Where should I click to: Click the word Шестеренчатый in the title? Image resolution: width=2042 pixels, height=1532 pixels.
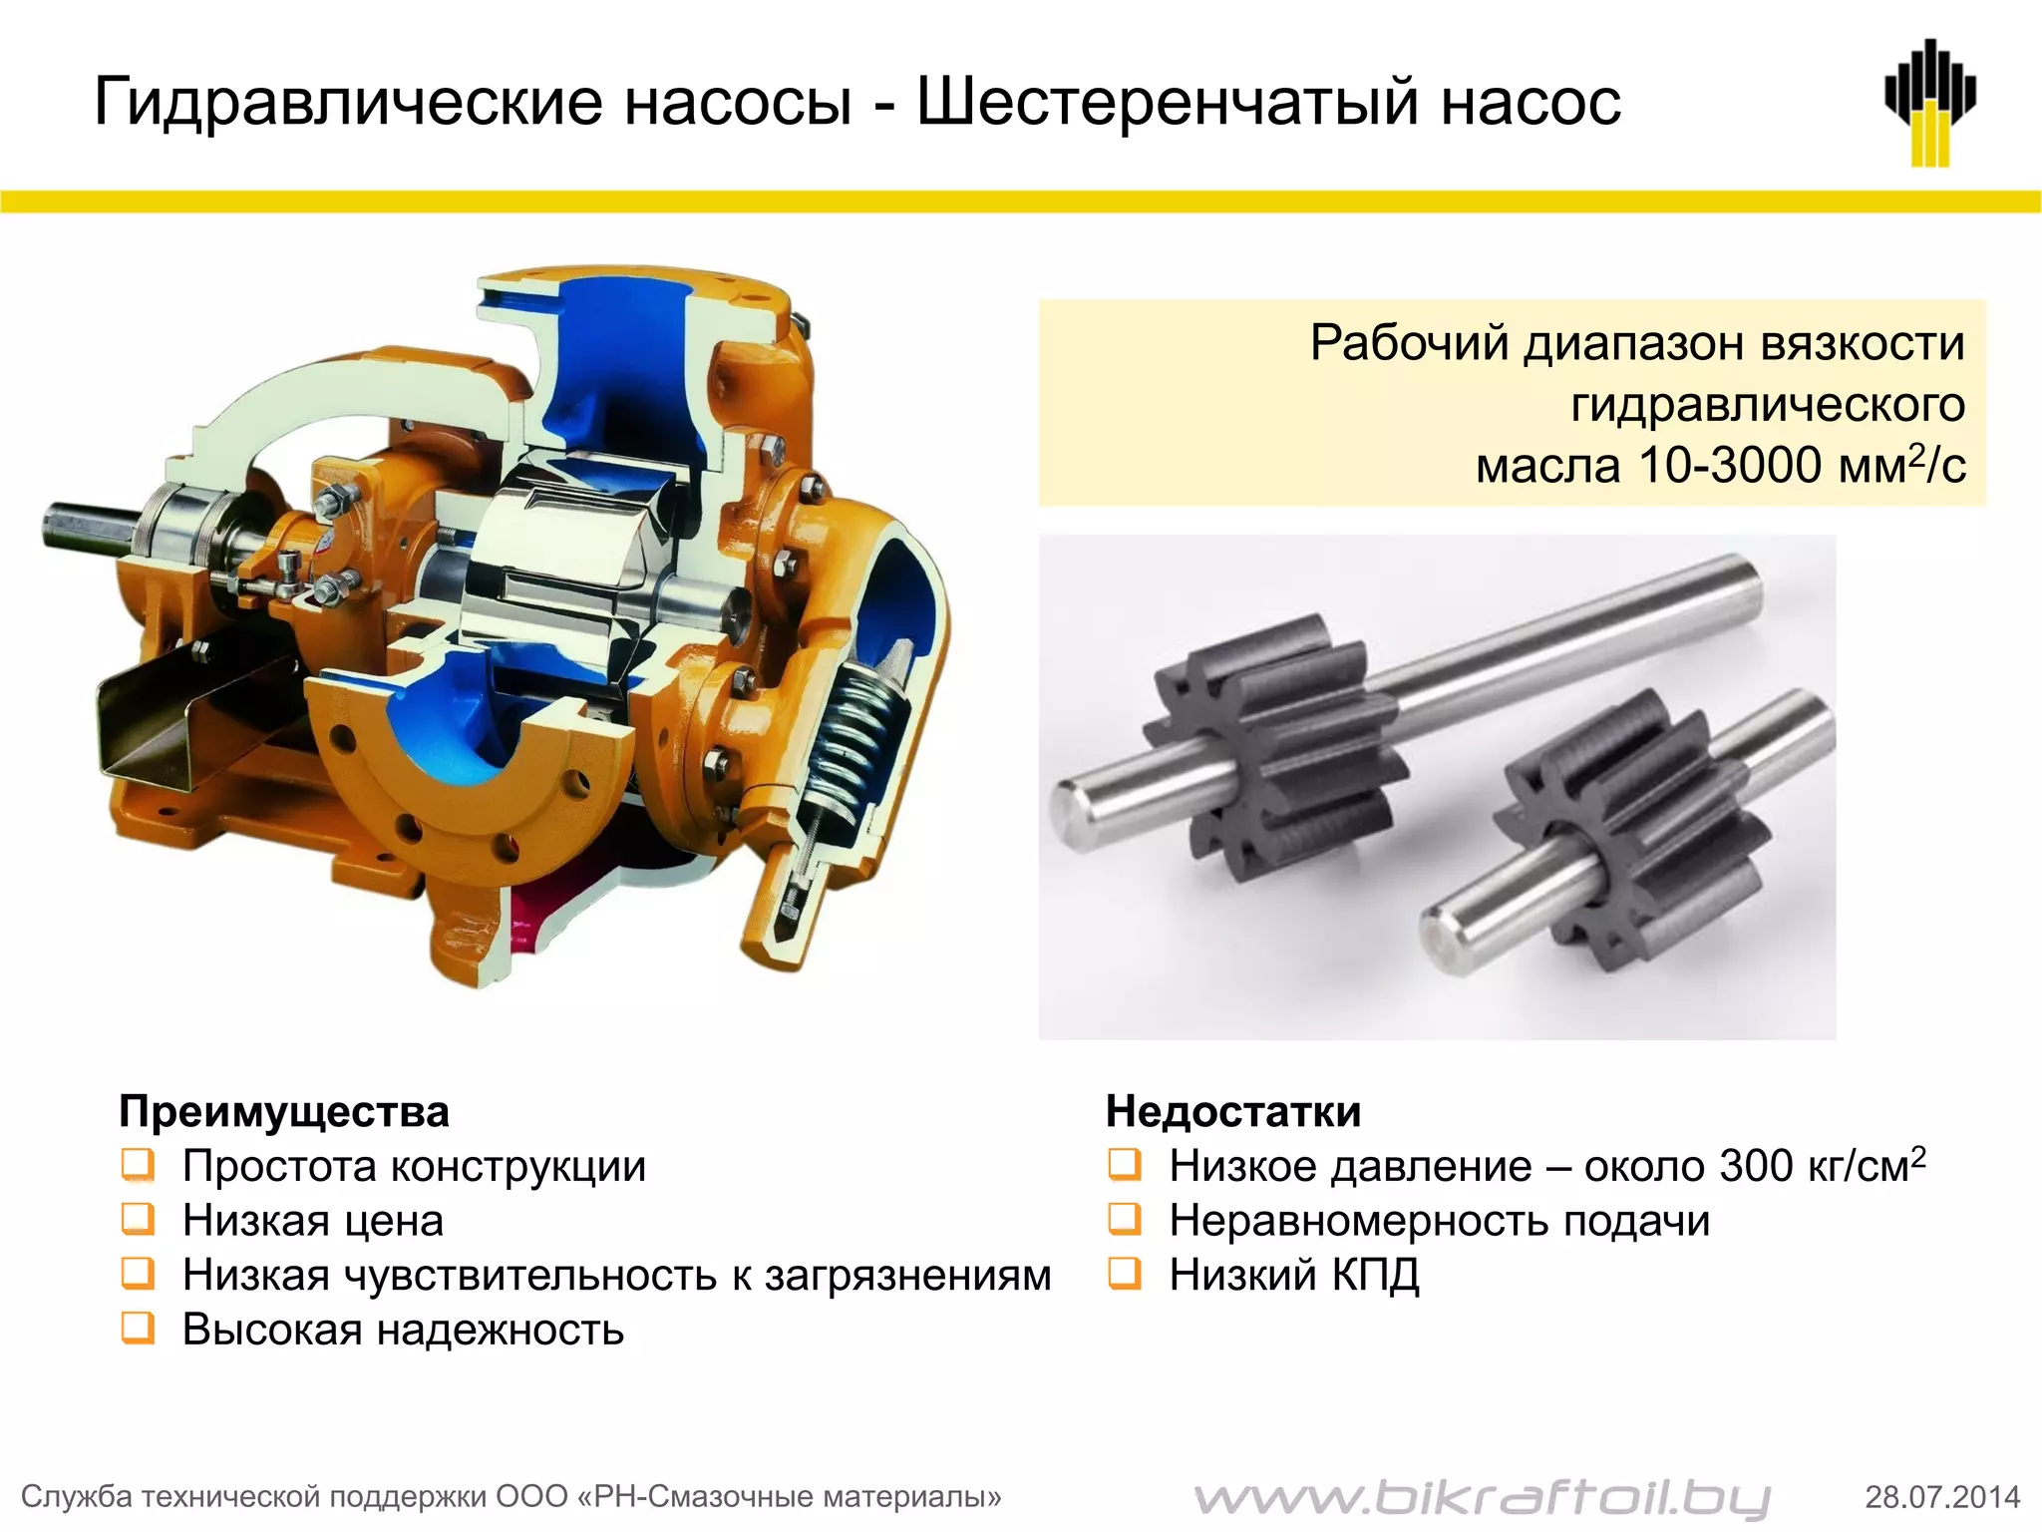point(1167,102)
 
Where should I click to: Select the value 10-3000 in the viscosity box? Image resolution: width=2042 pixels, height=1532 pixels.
point(1730,466)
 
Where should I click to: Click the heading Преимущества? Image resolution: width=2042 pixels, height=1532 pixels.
point(284,1111)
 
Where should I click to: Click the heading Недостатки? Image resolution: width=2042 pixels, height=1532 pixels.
point(1233,1111)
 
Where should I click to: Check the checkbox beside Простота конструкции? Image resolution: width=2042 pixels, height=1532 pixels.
point(138,1165)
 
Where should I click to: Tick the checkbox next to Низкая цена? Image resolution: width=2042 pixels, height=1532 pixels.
point(138,1219)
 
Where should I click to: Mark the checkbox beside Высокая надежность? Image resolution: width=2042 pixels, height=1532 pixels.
point(138,1329)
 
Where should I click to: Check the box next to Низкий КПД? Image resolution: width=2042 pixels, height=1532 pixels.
point(1125,1274)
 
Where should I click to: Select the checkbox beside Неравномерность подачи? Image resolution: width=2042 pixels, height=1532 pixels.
point(1125,1219)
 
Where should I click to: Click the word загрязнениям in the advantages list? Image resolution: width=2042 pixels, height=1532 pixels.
point(907,1275)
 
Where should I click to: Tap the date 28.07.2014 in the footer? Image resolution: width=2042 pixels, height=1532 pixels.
point(1942,1496)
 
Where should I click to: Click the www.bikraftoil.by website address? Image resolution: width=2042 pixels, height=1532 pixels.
point(1482,1496)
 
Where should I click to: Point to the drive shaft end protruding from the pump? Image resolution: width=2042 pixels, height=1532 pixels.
point(80,526)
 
